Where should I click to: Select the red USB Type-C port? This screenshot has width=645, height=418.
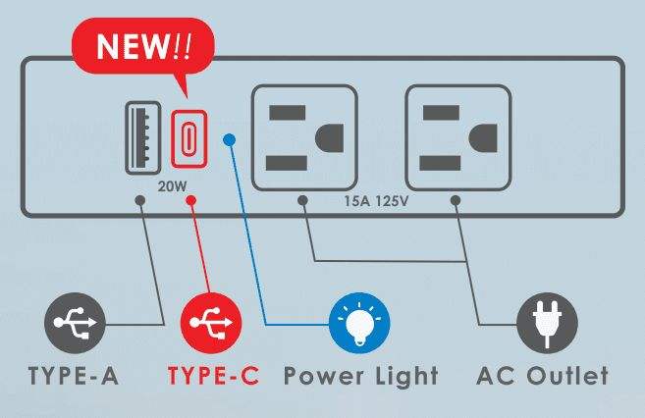point(186,139)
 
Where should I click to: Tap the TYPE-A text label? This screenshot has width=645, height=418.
point(74,377)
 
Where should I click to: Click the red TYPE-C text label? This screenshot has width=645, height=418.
point(213,377)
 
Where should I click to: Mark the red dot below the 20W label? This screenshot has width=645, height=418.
point(191,201)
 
